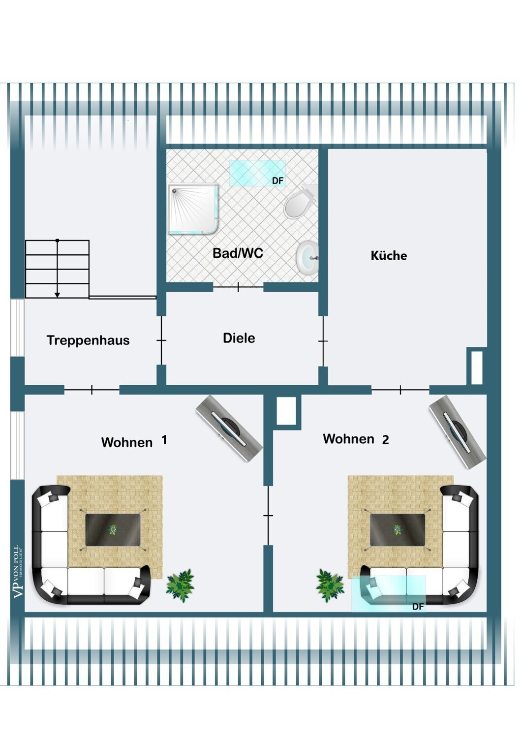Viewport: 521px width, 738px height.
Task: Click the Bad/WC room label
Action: (x=238, y=253)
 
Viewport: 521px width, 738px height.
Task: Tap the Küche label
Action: (x=389, y=255)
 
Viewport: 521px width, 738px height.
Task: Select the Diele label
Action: (x=239, y=338)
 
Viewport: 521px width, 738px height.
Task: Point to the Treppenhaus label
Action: (x=88, y=340)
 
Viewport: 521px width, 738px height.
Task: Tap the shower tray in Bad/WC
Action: (x=193, y=209)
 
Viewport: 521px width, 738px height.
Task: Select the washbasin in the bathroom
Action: (x=307, y=257)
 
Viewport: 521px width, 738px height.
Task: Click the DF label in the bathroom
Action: (x=277, y=181)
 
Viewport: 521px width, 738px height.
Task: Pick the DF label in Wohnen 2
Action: (x=418, y=607)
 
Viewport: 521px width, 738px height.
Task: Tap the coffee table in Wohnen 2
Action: (x=397, y=530)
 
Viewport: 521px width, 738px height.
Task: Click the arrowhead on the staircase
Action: (x=58, y=295)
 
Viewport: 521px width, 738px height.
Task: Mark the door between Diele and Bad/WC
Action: (x=238, y=287)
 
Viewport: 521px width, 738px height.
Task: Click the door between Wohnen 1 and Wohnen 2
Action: (x=268, y=515)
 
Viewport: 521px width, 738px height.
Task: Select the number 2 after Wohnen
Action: (x=385, y=440)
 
